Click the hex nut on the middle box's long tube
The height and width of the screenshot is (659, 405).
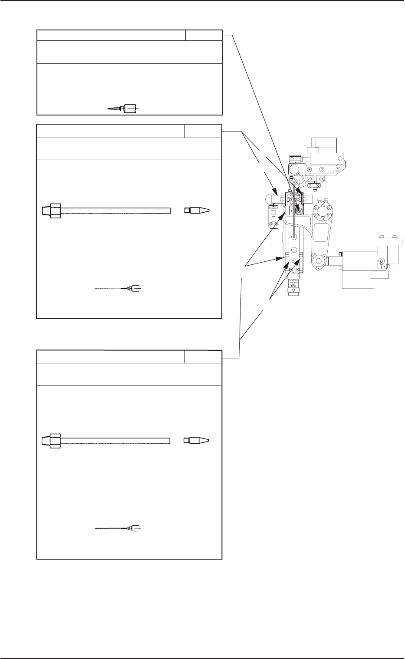click(x=53, y=211)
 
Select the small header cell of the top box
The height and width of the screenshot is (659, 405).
click(x=204, y=35)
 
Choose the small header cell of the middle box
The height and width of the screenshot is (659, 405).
click(x=202, y=131)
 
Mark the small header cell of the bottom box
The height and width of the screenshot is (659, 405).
click(x=202, y=356)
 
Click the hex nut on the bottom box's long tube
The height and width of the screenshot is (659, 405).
click(x=53, y=441)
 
